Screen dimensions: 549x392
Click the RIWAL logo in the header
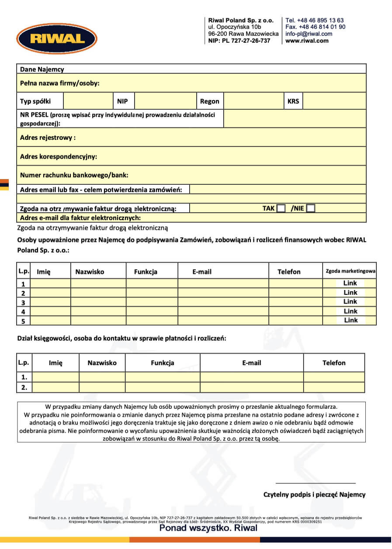point(57,39)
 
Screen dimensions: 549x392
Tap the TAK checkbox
point(281,208)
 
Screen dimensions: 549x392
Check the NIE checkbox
point(310,208)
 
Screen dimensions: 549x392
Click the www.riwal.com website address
point(306,41)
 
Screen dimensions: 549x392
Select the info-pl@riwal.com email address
point(309,34)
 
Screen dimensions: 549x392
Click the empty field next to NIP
point(165,101)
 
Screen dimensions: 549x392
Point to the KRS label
point(293,101)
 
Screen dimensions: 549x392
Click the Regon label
point(209,101)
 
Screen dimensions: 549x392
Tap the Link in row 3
point(350,301)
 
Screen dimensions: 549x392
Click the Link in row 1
point(350,283)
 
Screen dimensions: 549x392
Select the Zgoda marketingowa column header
point(350,271)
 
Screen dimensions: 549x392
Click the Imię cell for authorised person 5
point(51,321)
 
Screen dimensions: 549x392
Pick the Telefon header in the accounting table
point(334,363)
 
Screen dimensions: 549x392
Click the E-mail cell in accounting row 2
point(252,387)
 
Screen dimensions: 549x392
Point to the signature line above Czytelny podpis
point(315,483)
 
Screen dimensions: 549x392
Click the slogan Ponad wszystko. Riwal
point(208,528)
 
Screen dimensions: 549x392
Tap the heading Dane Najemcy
point(42,69)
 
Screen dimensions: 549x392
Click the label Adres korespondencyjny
point(59,156)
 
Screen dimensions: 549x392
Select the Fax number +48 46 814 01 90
point(315,27)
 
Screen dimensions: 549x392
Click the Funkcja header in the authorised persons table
point(146,272)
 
